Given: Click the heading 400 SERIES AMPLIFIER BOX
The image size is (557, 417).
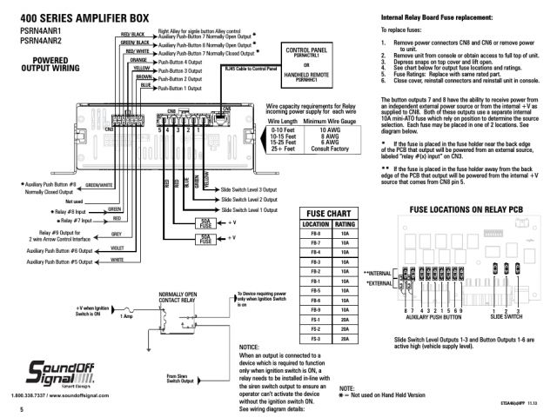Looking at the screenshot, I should point(84,17).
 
